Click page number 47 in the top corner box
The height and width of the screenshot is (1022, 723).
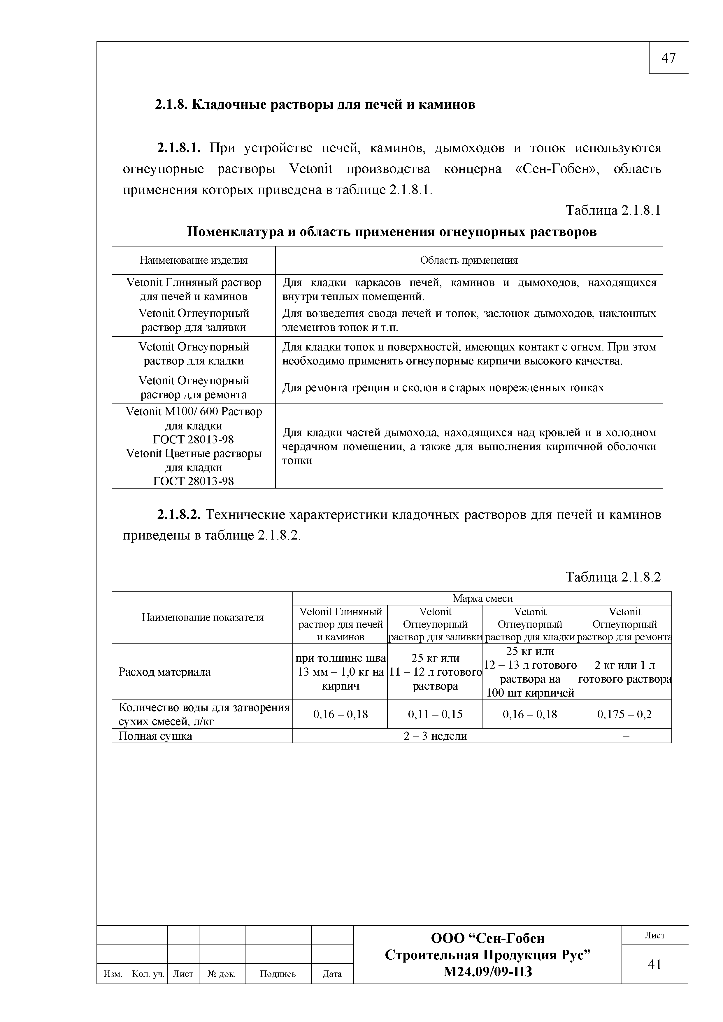(668, 58)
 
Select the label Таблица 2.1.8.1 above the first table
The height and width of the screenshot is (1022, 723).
(613, 210)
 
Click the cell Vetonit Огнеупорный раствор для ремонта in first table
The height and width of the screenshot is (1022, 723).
(193, 387)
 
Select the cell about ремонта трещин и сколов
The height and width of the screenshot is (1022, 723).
(443, 388)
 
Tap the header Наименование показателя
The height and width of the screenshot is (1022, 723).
(202, 617)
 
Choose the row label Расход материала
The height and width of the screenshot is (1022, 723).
(164, 672)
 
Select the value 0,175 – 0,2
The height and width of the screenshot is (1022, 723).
(624, 714)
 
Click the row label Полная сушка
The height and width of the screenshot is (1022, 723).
(155, 736)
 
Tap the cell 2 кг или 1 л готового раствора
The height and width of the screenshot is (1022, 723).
(624, 672)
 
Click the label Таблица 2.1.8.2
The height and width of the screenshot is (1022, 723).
(613, 577)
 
